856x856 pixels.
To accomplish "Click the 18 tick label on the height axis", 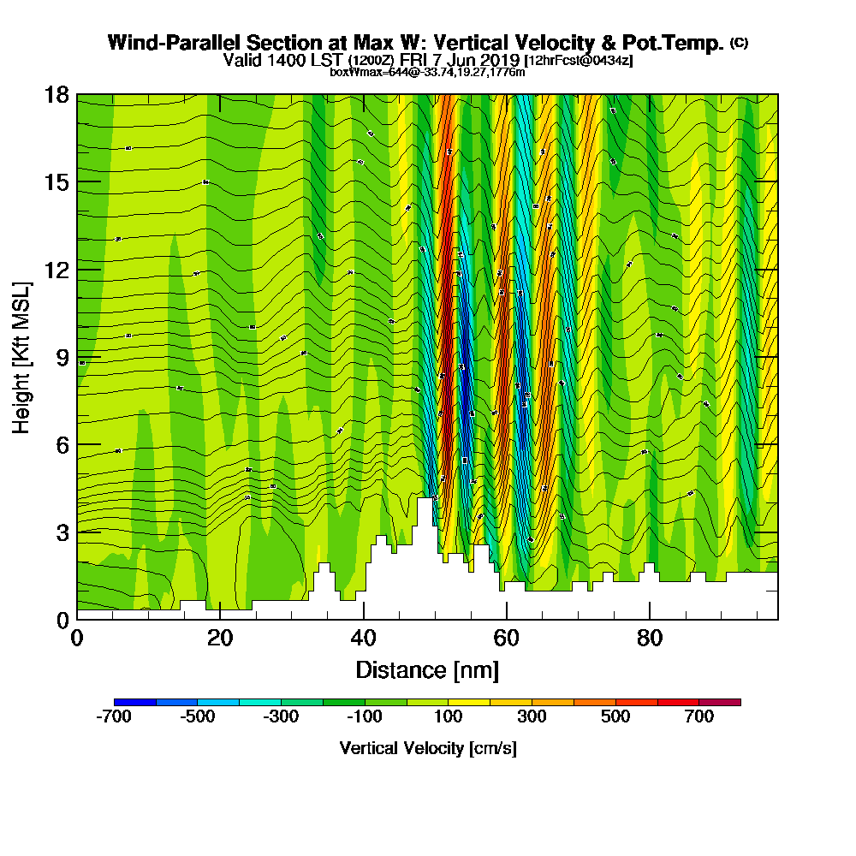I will point(56,95).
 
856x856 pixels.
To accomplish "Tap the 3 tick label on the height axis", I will point(62,532).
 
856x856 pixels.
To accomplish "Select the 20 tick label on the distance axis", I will point(220,638).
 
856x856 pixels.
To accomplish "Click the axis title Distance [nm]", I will point(427,669).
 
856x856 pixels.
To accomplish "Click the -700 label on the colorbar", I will point(115,717).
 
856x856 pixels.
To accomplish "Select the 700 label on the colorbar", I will point(698,717).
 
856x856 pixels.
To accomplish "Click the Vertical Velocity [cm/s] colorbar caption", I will point(427,748).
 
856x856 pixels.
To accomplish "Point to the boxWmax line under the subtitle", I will point(427,72).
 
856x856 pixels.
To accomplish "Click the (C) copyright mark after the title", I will point(739,42).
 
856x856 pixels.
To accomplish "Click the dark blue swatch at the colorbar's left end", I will point(135,702).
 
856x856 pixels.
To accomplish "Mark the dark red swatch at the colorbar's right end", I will point(720,702).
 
